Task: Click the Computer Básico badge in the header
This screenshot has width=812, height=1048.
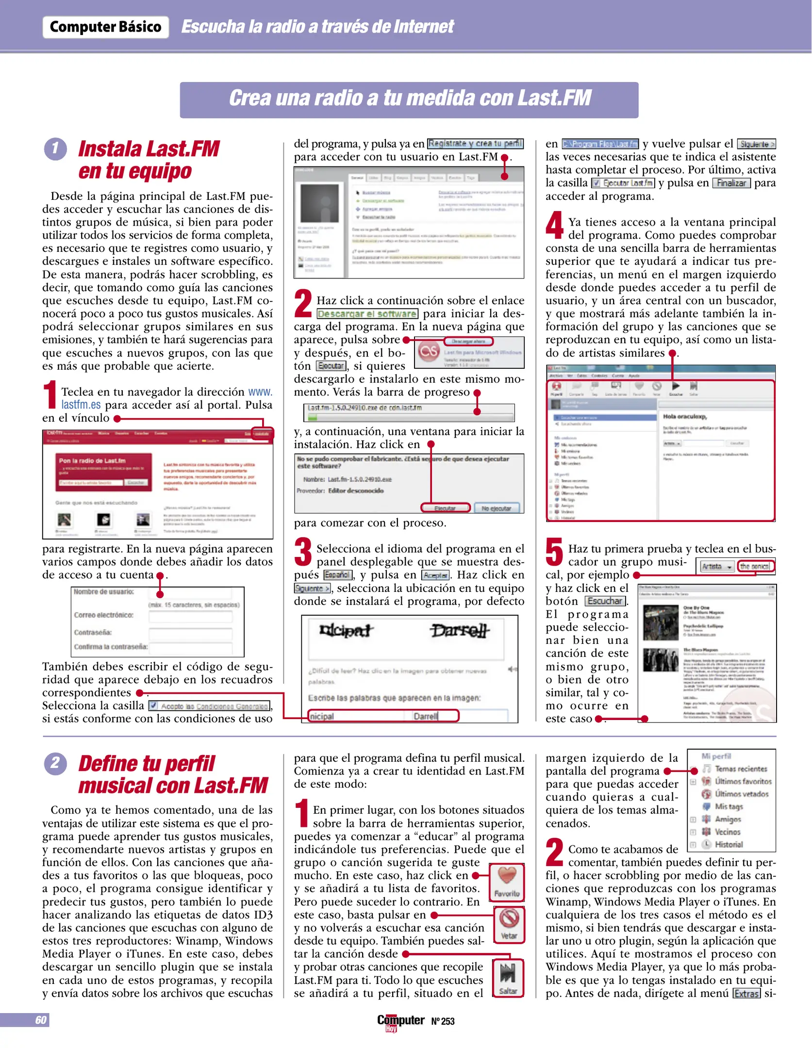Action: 105,27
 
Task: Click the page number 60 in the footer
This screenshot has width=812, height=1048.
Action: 41,1020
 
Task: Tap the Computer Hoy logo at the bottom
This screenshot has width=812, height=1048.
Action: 400,1021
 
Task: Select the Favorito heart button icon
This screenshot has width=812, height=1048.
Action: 507,876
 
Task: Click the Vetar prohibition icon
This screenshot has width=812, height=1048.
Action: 509,918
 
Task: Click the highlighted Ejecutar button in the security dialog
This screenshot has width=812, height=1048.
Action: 445,508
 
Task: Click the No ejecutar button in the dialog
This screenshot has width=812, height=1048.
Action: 496,508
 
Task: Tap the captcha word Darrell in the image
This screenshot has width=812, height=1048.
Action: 459,631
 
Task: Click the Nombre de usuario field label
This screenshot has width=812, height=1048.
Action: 103,592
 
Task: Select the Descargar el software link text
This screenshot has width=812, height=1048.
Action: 367,314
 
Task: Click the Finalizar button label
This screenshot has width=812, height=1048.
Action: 731,183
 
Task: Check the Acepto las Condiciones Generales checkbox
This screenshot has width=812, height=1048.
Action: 153,705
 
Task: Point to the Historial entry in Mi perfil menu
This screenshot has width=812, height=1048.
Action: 728,844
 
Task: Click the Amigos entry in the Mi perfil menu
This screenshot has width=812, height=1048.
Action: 728,819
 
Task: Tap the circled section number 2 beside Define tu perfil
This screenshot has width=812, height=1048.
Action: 55,763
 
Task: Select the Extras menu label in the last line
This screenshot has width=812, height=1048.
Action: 746,994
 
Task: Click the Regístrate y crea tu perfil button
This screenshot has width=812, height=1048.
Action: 475,144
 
